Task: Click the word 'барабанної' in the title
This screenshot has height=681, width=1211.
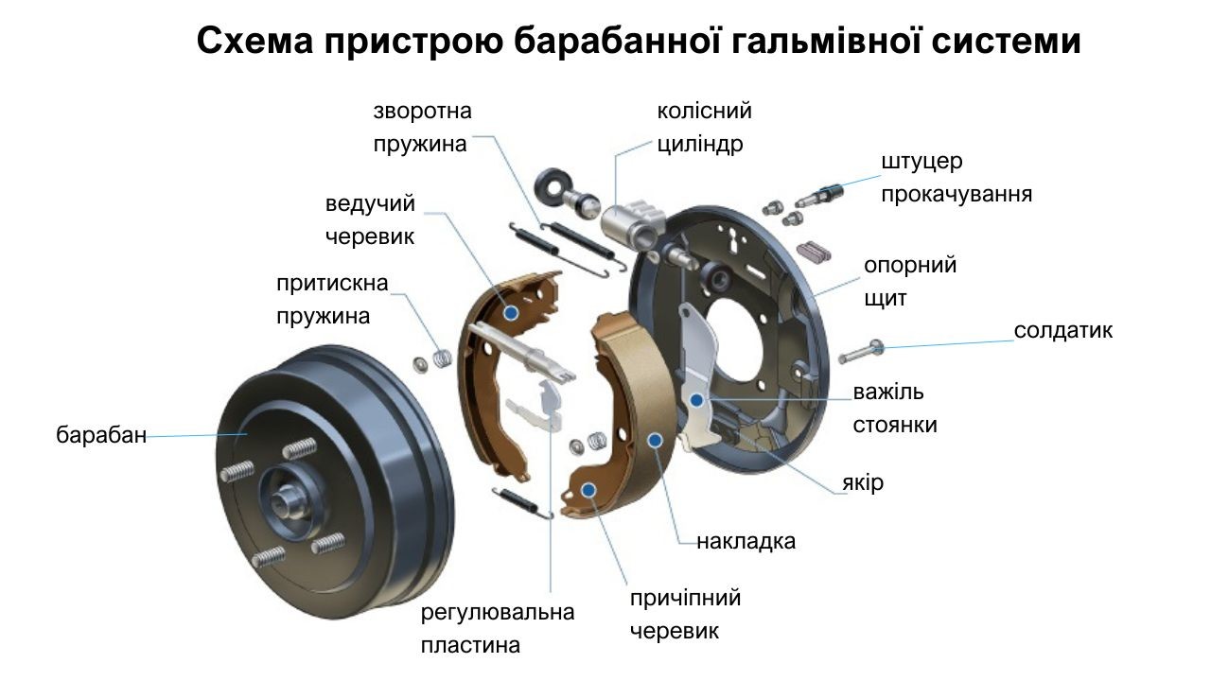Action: coord(618,42)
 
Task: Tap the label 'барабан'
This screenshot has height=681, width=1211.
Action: coord(101,435)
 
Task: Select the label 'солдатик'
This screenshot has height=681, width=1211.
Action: coord(1062,330)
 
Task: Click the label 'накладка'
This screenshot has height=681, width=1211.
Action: coord(746,541)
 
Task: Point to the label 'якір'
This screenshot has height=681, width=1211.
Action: coord(863,482)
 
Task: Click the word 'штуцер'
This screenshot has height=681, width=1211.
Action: coord(921,162)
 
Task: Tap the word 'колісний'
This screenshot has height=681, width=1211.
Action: coord(705,111)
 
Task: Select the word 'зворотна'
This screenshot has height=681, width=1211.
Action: coord(422,112)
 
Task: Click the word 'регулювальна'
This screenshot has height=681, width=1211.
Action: coord(498,613)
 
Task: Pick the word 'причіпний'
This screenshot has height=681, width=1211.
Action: coord(686,599)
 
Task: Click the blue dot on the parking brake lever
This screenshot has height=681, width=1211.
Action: coord(697,400)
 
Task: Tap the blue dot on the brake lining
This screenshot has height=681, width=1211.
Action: coord(656,441)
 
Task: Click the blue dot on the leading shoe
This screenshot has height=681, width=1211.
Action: coord(511,313)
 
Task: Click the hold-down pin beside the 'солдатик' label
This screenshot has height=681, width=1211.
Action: coord(861,351)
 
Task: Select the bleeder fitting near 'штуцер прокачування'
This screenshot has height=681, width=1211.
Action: coord(818,196)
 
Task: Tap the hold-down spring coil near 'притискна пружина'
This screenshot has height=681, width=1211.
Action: coord(443,358)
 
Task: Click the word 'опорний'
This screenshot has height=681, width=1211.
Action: coord(910,267)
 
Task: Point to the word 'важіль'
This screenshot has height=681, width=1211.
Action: coord(888,392)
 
